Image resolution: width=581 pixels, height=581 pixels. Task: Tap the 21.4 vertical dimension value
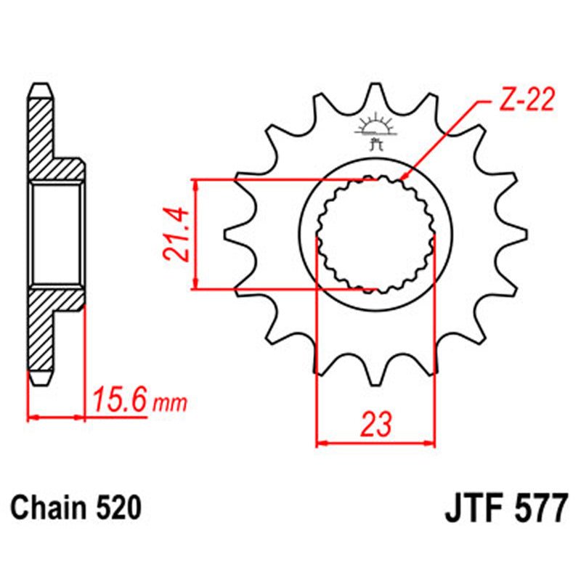[176, 234]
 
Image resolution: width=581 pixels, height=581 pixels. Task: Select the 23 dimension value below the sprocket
[375, 423]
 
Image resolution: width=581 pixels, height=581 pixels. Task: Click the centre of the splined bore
[375, 235]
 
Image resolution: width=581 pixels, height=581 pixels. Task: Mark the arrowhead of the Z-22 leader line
[403, 176]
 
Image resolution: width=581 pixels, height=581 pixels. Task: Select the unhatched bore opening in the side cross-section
[57, 235]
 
